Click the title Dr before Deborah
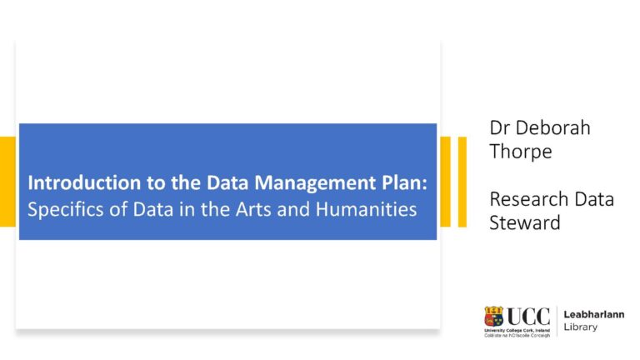(x=500, y=129)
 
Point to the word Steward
(x=525, y=224)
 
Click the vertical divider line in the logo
(x=557, y=321)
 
